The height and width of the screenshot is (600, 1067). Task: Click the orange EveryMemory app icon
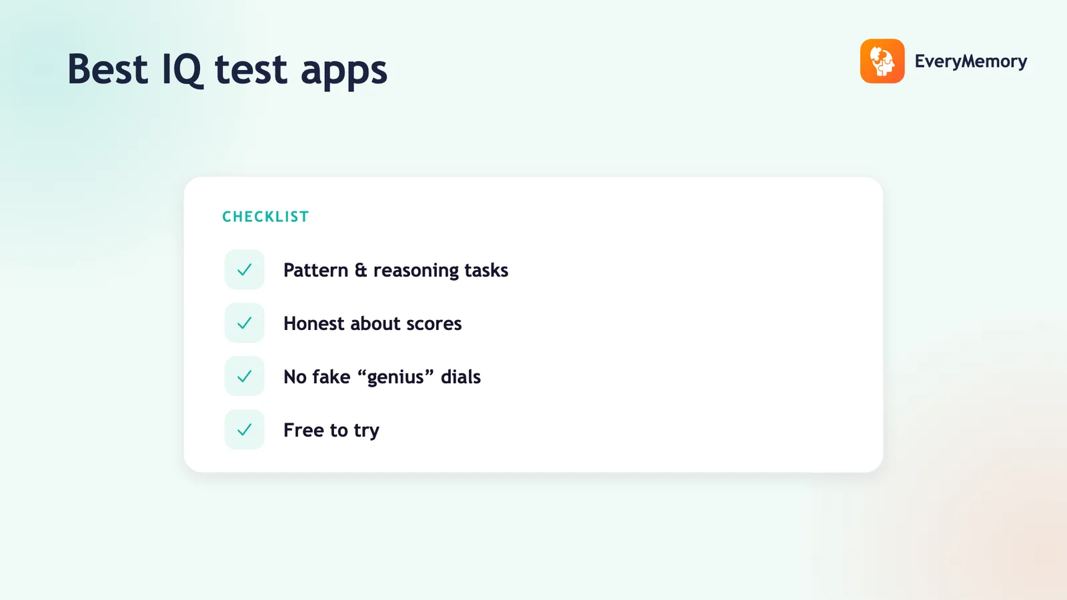pyautogui.click(x=882, y=61)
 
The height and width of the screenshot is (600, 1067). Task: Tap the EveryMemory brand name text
pyautogui.click(x=971, y=61)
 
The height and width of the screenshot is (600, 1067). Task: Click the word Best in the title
pyautogui.click(x=107, y=69)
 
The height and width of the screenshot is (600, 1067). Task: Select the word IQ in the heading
pyautogui.click(x=183, y=70)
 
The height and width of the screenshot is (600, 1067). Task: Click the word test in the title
pyautogui.click(x=251, y=70)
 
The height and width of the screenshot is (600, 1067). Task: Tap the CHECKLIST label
pyautogui.click(x=266, y=217)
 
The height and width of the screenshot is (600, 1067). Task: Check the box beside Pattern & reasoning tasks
pyautogui.click(x=244, y=269)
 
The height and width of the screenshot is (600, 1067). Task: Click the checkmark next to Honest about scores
pyautogui.click(x=244, y=323)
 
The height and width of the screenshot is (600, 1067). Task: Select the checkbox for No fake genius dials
pyautogui.click(x=244, y=376)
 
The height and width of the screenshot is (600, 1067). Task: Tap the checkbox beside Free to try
pyautogui.click(x=244, y=429)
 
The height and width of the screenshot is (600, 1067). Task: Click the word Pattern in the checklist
pyautogui.click(x=316, y=270)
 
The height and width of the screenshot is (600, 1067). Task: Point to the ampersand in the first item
pyautogui.click(x=361, y=270)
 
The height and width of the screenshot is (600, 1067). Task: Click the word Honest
pyautogui.click(x=313, y=323)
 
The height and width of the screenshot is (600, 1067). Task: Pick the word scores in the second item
pyautogui.click(x=434, y=325)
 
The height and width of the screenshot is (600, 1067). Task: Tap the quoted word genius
pyautogui.click(x=395, y=377)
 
